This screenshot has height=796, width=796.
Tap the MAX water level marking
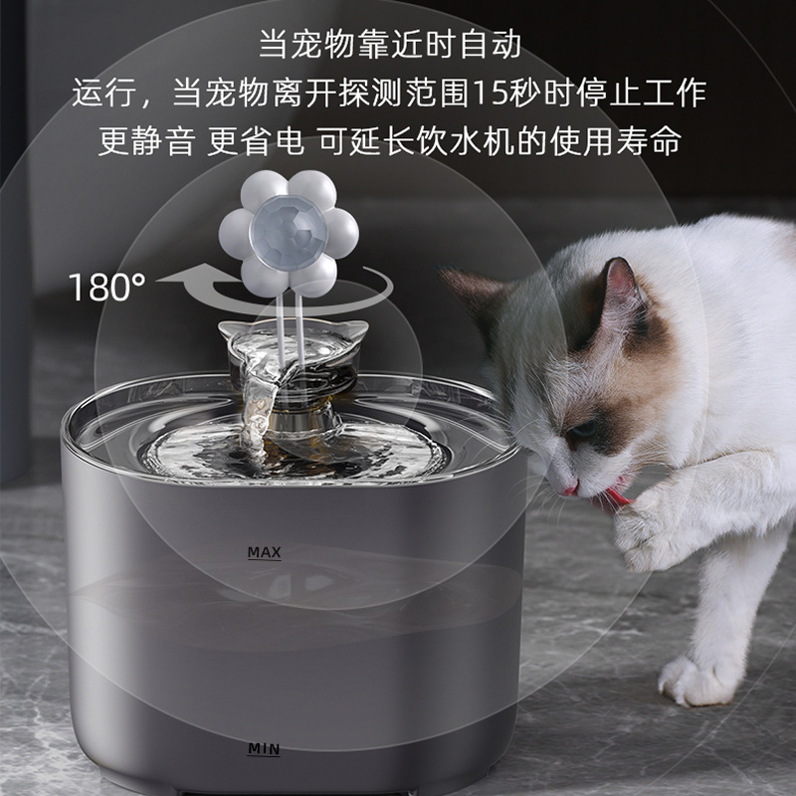pos(264,551)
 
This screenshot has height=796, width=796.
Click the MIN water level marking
pos(264,748)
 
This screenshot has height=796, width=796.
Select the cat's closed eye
pos(587,429)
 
